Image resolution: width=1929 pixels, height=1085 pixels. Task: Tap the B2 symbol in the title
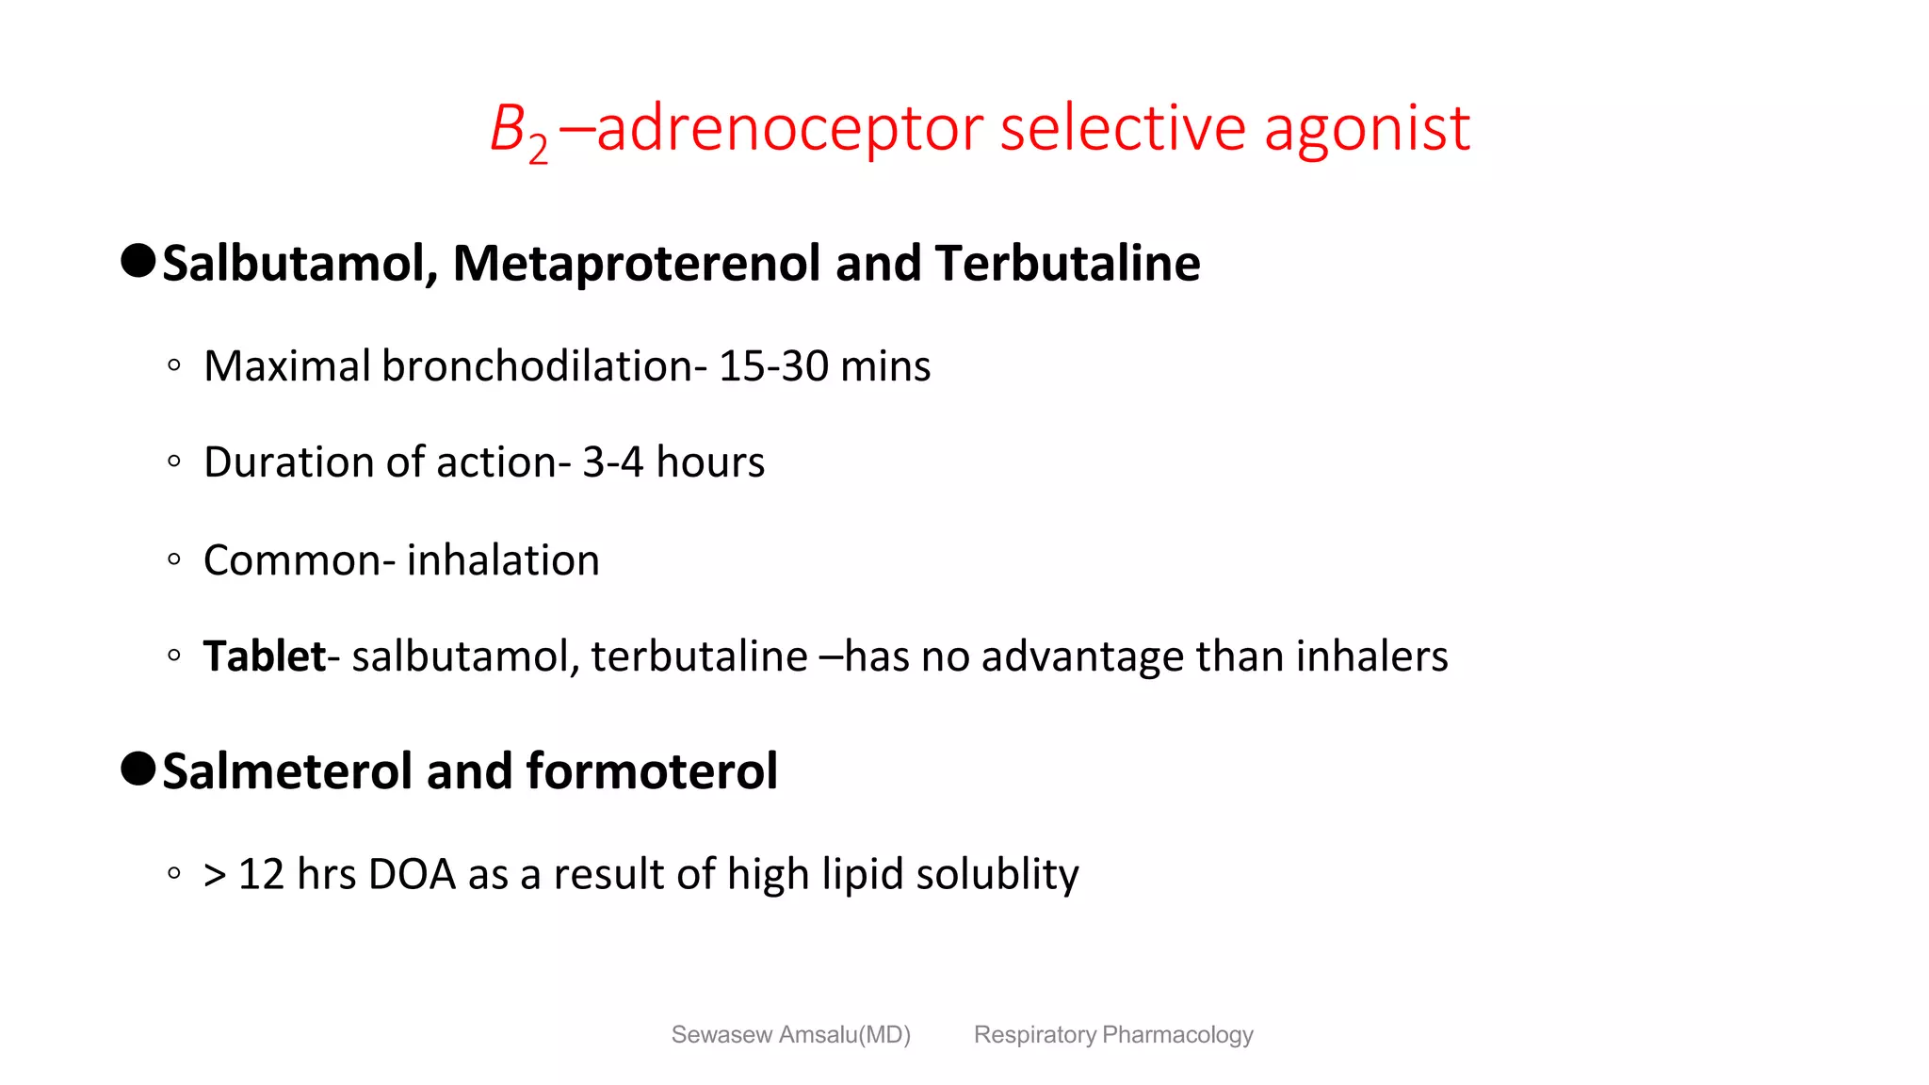pyautogui.click(x=519, y=132)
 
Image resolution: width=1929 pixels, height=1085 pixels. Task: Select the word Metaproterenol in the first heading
pyautogui.click(x=637, y=264)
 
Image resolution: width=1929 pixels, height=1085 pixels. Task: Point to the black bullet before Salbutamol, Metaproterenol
pyautogui.click(x=138, y=261)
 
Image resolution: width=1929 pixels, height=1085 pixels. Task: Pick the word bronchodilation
pyautogui.click(x=538, y=366)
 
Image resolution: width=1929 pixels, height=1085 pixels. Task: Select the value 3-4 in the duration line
pyautogui.click(x=612, y=462)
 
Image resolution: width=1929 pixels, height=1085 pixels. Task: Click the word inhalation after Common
pyautogui.click(x=503, y=560)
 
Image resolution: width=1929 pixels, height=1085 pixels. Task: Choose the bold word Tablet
pyautogui.click(x=265, y=656)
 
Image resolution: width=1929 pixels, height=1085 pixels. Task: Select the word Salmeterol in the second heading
pyautogui.click(x=288, y=771)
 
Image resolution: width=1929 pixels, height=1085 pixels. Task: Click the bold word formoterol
pyautogui.click(x=652, y=771)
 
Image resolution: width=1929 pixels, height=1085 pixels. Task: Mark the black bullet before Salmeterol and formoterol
pyautogui.click(x=138, y=769)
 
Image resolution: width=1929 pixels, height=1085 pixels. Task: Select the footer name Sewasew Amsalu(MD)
pyautogui.click(x=790, y=1035)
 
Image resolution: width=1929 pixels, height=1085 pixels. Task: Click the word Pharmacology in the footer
pyautogui.click(x=1177, y=1035)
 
